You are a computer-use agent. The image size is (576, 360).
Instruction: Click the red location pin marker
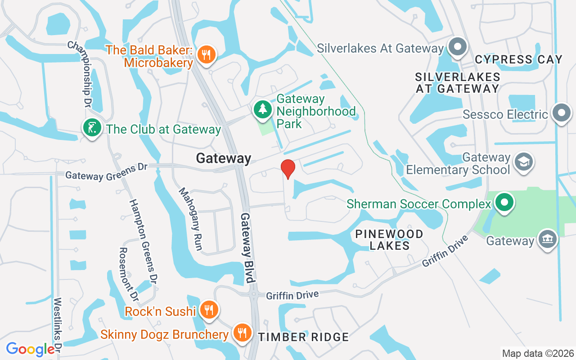(288, 169)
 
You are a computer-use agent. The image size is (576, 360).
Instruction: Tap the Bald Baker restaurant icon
(207, 55)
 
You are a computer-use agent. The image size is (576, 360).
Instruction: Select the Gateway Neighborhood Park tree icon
(262, 109)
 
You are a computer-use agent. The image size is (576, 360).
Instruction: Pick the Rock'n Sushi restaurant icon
(209, 310)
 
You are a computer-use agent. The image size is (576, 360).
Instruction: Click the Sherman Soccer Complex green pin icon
(504, 203)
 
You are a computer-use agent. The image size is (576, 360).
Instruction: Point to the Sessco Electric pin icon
(561, 113)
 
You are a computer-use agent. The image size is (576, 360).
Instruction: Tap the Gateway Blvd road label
(248, 247)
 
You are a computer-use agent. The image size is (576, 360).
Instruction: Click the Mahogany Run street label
(191, 219)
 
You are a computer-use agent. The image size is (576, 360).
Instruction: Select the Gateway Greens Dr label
(106, 171)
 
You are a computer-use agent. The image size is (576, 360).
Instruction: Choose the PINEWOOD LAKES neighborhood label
(389, 240)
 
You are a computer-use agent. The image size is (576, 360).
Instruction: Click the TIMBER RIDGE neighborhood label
(303, 337)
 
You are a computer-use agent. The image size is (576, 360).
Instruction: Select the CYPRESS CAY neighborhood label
(518, 59)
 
